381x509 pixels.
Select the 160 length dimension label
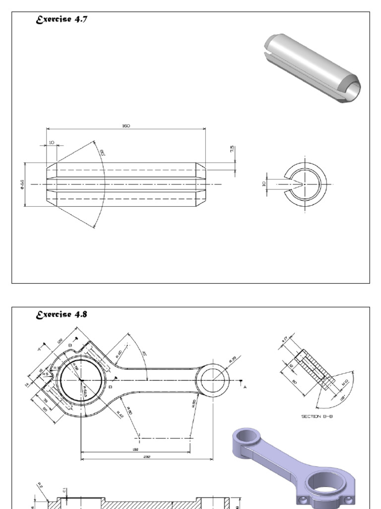126,126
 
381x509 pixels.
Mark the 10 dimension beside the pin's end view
264,183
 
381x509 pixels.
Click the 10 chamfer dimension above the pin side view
52,143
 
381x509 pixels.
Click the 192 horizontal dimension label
135,449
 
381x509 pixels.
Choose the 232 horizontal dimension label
147,457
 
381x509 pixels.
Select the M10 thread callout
345,382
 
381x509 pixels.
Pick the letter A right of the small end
245,387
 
